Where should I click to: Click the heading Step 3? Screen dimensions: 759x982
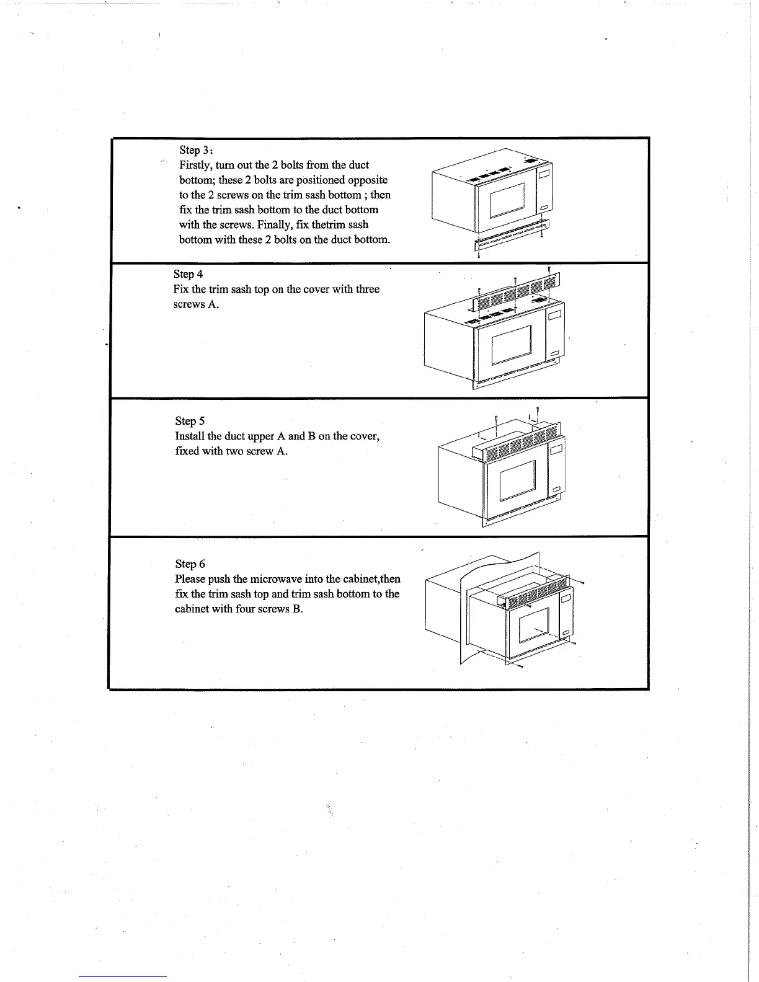tap(196, 150)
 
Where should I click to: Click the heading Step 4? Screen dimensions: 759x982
tap(188, 274)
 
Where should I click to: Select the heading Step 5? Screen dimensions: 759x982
tap(190, 421)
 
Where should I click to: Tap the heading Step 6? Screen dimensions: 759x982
tap(190, 564)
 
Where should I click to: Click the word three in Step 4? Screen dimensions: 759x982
tap(365, 289)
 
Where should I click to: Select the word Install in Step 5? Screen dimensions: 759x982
tap(190, 436)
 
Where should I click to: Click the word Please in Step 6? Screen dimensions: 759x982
tap(190, 579)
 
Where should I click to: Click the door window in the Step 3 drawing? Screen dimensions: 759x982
tap(506, 201)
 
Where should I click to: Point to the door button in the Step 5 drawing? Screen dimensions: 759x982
tap(555, 490)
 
